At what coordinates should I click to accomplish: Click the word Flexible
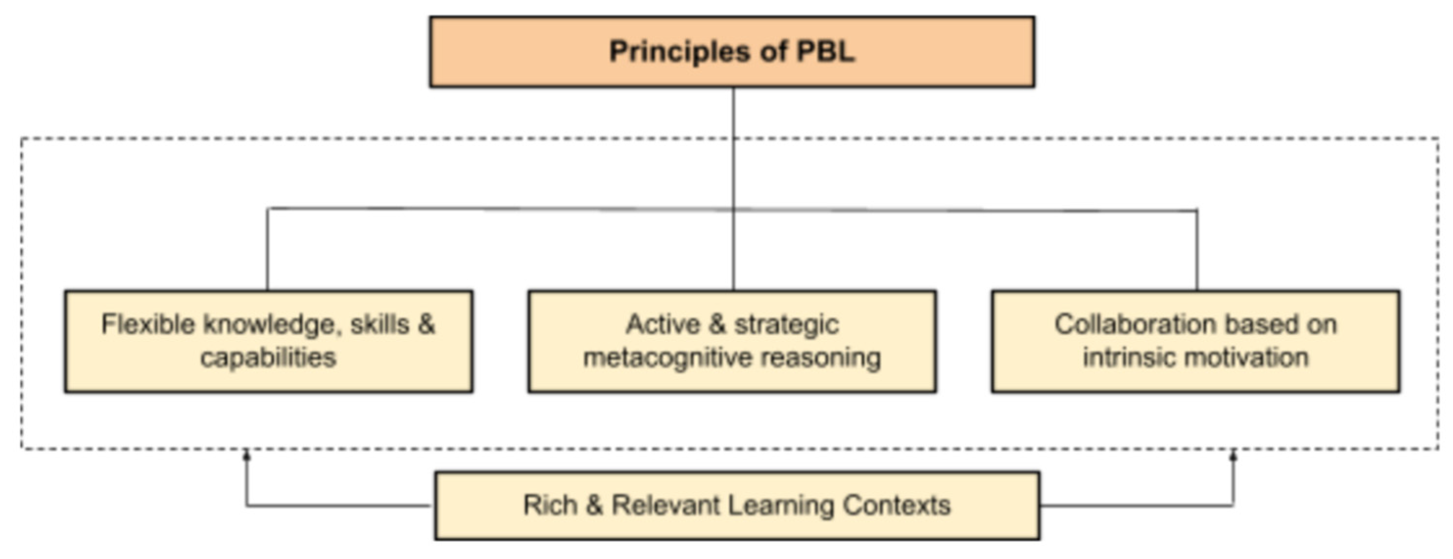pyautogui.click(x=148, y=325)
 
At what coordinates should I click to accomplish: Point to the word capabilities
pyautogui.click(x=268, y=358)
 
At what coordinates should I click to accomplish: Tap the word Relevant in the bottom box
pyautogui.click(x=666, y=505)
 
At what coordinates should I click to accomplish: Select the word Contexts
pyautogui.click(x=896, y=505)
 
